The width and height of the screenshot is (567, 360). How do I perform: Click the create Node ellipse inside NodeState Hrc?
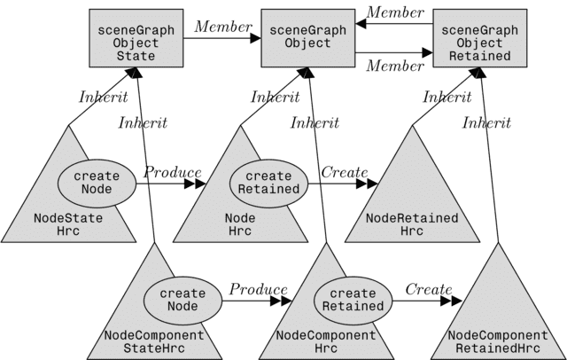point(97,183)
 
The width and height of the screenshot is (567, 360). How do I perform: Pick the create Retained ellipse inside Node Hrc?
point(269,184)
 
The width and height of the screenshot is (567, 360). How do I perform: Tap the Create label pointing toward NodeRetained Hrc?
point(344,171)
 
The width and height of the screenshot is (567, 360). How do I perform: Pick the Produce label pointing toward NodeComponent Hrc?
point(259,289)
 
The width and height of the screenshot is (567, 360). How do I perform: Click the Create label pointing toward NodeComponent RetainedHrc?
point(429,289)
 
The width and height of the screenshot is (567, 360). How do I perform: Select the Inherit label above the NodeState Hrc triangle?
point(104,97)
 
